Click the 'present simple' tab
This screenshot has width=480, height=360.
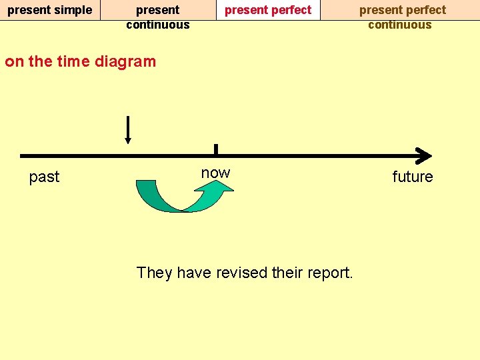click(49, 10)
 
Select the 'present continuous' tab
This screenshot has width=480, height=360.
click(158, 17)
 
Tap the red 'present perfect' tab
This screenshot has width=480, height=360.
click(268, 10)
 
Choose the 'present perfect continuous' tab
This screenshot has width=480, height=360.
click(402, 17)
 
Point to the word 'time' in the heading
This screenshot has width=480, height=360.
click(73, 62)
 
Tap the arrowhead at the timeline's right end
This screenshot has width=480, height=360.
click(423, 156)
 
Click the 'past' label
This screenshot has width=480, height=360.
click(44, 177)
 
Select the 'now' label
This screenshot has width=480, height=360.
click(215, 173)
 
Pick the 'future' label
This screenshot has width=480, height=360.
click(412, 177)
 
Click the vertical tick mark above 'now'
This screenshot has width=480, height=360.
click(216, 149)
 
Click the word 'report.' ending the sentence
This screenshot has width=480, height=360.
click(331, 273)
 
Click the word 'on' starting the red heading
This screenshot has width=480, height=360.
click(13, 62)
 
